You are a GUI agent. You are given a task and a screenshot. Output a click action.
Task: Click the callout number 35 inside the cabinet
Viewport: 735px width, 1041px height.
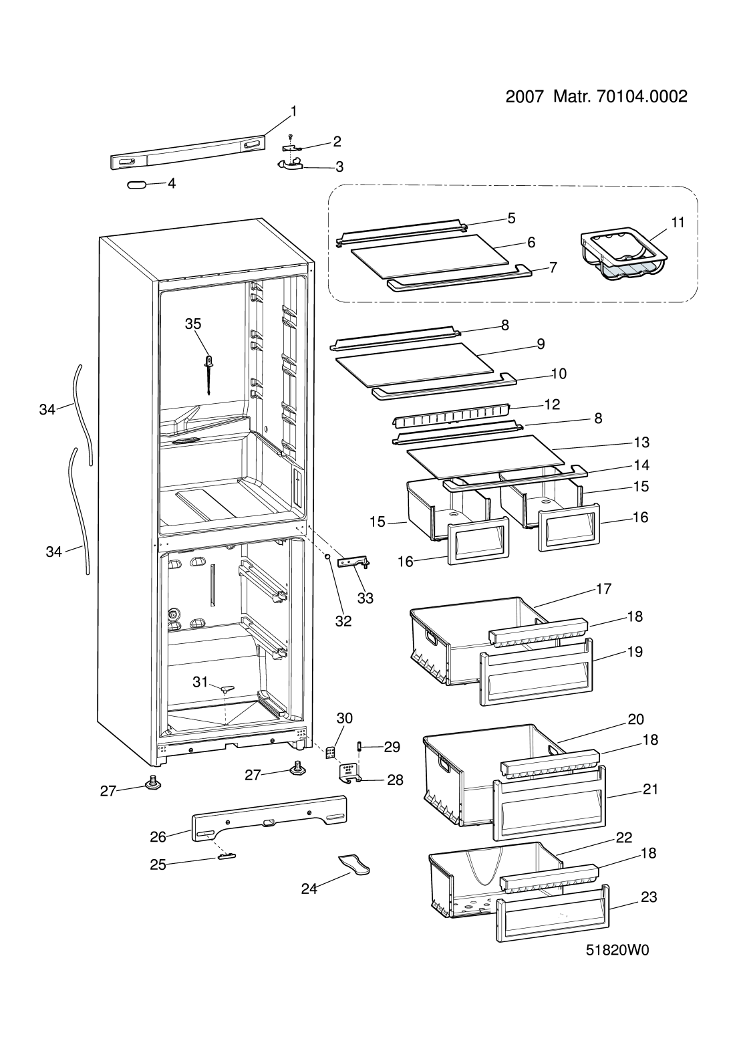point(193,324)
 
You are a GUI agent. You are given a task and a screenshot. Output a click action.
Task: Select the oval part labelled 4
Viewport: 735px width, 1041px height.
point(136,185)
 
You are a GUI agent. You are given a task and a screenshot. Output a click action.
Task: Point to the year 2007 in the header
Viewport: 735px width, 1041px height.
point(525,97)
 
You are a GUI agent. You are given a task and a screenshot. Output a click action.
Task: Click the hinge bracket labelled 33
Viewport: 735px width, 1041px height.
point(355,563)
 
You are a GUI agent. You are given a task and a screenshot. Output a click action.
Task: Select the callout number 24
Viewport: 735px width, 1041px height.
point(309,889)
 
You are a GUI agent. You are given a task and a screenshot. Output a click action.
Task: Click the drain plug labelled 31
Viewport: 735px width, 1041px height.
point(227,688)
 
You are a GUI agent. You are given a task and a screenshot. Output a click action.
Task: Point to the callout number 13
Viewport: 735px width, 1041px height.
point(641,442)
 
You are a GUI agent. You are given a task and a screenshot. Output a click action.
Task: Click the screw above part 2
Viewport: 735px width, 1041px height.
point(290,137)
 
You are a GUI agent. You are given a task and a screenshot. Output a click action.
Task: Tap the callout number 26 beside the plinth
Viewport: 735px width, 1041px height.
point(158,836)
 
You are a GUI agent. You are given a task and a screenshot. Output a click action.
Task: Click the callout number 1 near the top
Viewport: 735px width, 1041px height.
point(293,111)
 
